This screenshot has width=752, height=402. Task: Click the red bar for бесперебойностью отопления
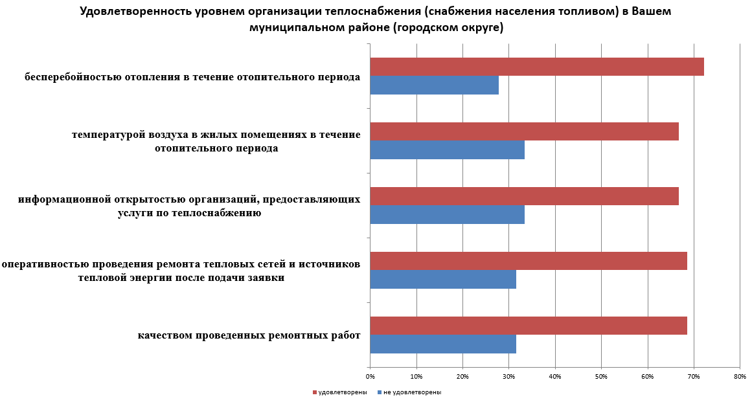536,67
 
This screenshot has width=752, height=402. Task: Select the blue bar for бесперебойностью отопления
434,85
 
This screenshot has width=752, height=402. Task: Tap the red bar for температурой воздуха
524,131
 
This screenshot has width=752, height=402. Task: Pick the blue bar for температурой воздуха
447,150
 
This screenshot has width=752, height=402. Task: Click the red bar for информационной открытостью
524,196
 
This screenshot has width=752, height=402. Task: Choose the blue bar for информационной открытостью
447,215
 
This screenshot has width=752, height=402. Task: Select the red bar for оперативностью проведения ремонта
528,261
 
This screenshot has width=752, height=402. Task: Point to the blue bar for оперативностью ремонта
443,280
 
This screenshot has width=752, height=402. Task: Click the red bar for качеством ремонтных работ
528,326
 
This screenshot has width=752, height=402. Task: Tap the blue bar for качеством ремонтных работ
443,344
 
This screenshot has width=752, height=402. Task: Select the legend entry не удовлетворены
412,392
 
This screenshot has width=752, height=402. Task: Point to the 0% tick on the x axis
370,376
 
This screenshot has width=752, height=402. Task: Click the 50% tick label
601,376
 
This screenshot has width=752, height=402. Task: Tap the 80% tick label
740,376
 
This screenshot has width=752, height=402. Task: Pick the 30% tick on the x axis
508,376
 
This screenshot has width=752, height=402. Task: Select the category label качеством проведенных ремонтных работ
249,335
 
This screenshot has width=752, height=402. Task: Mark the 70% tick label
694,376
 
